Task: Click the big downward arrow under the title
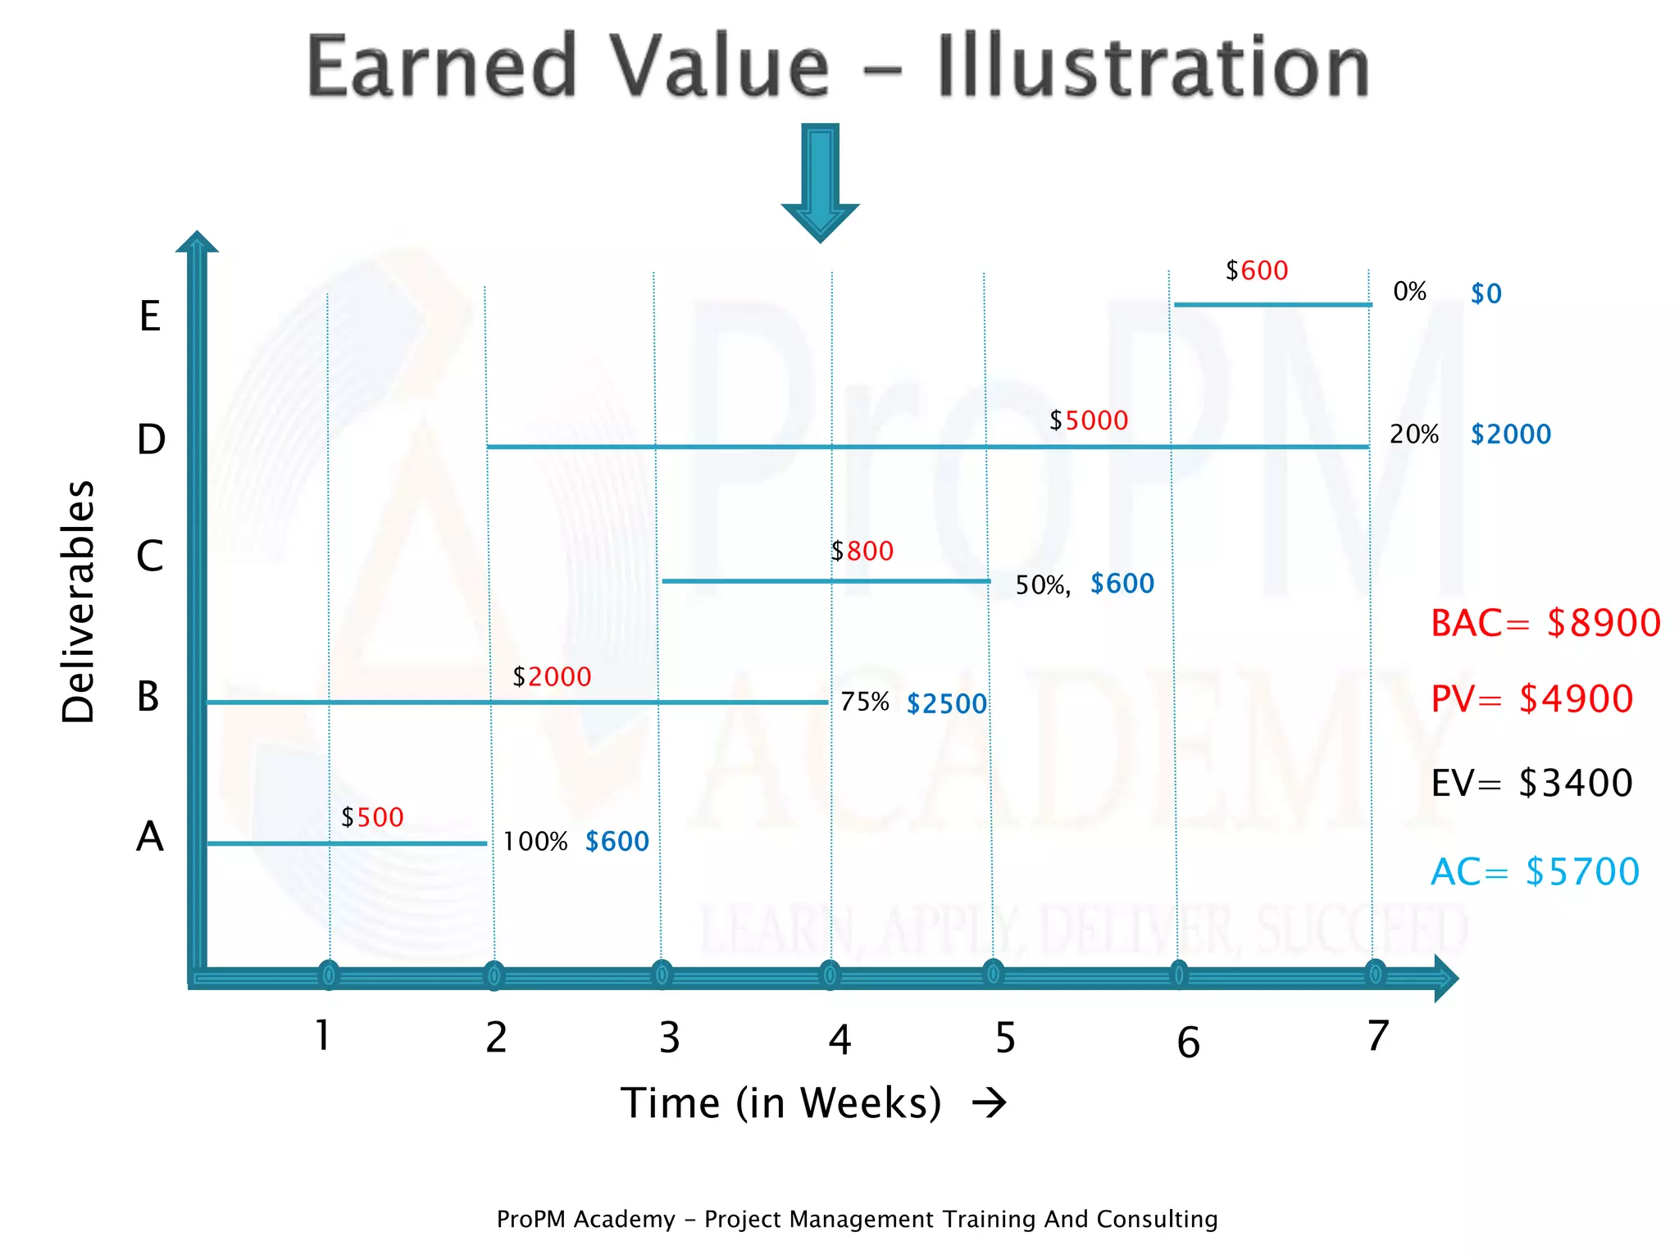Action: click(820, 183)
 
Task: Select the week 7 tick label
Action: click(1378, 1036)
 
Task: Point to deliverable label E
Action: click(149, 316)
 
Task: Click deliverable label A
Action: click(150, 838)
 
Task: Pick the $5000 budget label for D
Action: click(1089, 421)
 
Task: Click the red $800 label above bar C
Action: click(862, 552)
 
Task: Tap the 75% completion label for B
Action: click(864, 702)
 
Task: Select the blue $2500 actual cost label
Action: click(947, 704)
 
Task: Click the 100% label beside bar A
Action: click(535, 842)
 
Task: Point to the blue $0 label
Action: click(1486, 294)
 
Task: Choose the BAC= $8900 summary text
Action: click(1545, 624)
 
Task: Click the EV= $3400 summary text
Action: click(1531, 784)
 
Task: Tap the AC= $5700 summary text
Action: click(1535, 872)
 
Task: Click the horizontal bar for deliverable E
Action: click(1272, 305)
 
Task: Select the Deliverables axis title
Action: click(79, 602)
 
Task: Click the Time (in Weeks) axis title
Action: click(780, 1103)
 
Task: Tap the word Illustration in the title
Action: click(1154, 67)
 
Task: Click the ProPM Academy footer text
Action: click(857, 1220)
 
